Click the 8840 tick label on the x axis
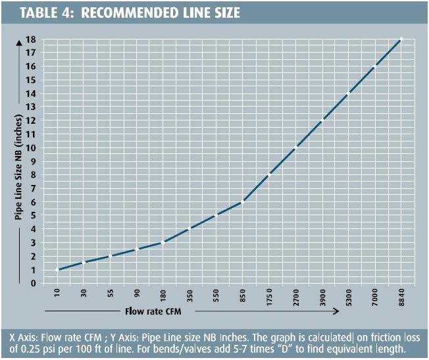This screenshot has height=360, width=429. (x=401, y=296)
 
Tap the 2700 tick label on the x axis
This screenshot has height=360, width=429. (x=295, y=296)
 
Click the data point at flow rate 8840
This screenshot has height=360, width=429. (x=401, y=39)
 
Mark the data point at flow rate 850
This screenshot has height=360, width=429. (x=243, y=201)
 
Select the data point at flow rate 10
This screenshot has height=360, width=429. (x=59, y=269)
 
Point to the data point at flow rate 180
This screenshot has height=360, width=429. (x=164, y=242)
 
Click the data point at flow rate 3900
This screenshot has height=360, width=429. (x=322, y=120)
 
